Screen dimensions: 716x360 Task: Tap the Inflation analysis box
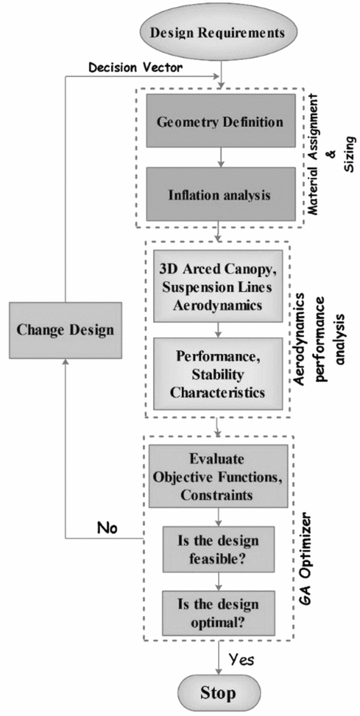tap(219, 195)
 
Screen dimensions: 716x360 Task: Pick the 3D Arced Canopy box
tap(219, 287)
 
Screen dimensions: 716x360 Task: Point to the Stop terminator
tap(219, 691)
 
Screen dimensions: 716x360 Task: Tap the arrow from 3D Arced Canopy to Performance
tap(219, 330)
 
